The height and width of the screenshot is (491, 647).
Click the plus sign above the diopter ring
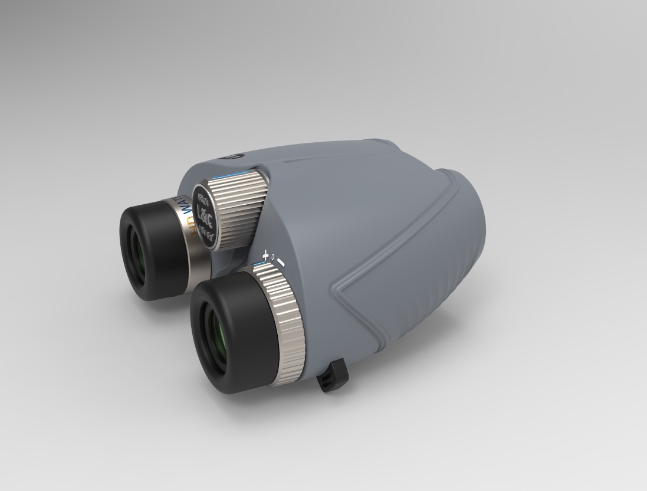tap(265, 256)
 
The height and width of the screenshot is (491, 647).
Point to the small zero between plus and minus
tap(273, 258)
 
